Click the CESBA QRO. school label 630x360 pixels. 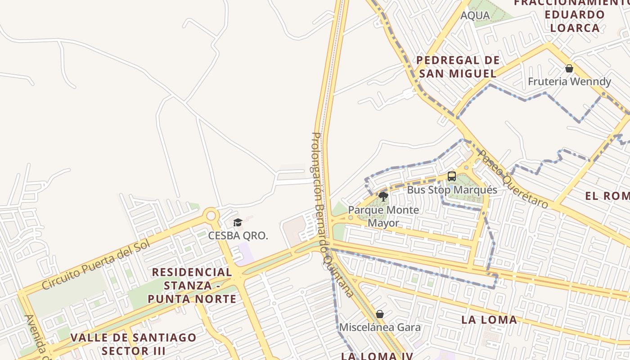(x=238, y=235)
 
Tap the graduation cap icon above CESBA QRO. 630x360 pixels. (x=238, y=222)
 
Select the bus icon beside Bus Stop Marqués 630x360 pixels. (x=452, y=176)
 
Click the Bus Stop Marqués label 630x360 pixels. (x=452, y=189)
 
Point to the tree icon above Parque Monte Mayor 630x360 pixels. (x=383, y=196)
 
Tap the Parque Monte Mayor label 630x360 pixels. (x=383, y=216)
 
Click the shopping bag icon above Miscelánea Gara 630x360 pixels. (x=380, y=314)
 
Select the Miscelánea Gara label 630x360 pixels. (x=380, y=327)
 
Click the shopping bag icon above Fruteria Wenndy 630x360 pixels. (x=569, y=68)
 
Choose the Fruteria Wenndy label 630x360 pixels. (x=569, y=81)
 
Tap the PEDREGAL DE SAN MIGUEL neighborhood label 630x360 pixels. (x=458, y=67)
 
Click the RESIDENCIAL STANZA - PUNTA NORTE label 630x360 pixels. (x=192, y=285)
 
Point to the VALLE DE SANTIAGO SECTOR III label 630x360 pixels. (x=134, y=344)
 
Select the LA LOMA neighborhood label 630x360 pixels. (x=489, y=319)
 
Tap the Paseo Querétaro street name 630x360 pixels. (x=513, y=179)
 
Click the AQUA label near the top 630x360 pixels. (x=475, y=15)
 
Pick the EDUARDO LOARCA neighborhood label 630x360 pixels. (x=571, y=21)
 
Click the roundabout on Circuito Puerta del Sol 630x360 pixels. (x=211, y=215)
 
